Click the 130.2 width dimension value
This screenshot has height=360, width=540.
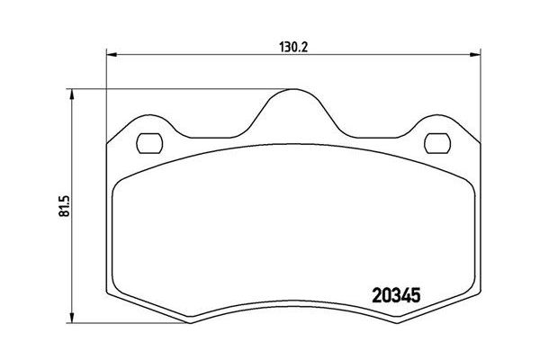290,42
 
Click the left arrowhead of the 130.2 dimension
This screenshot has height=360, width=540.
111,55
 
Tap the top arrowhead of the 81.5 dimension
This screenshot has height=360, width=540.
71,93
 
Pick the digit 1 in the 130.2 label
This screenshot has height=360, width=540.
276,42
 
